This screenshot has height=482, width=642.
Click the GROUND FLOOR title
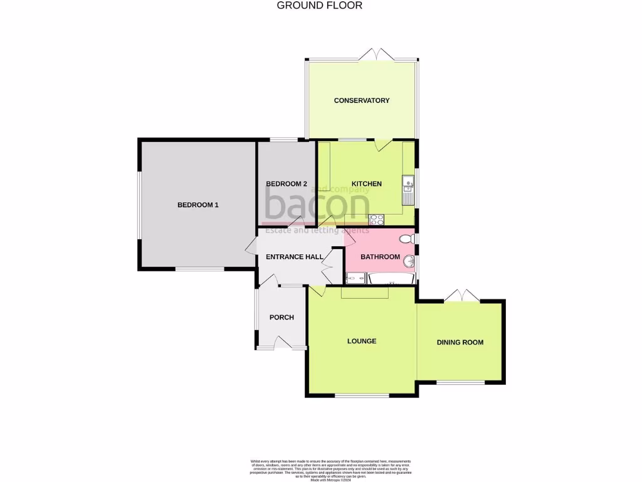click(x=320, y=6)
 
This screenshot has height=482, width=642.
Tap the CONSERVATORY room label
click(x=362, y=100)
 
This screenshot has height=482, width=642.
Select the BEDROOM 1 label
click(x=198, y=205)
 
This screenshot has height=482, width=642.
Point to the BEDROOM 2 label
click(x=287, y=184)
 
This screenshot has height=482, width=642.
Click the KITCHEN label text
click(x=366, y=184)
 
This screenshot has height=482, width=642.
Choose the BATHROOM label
click(x=380, y=257)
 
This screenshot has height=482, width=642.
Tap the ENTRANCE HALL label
click(x=295, y=257)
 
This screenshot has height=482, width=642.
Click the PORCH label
click(x=282, y=318)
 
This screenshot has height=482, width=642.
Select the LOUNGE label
click(x=362, y=341)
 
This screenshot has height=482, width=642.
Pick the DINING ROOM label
click(x=460, y=342)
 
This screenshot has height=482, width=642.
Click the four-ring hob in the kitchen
click(x=377, y=220)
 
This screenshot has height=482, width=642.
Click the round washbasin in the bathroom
click(x=409, y=261)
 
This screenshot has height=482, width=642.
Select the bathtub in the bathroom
click(x=391, y=278)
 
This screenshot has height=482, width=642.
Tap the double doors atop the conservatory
click(x=378, y=55)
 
